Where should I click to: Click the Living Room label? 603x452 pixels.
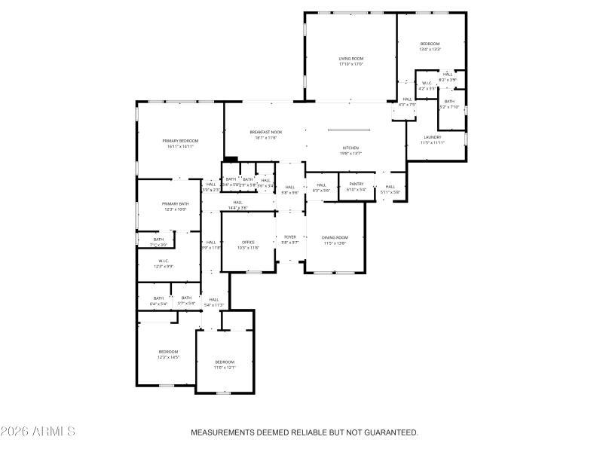(x=350, y=58)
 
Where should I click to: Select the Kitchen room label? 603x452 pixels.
(x=350, y=148)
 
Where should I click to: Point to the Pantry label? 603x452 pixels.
(x=356, y=184)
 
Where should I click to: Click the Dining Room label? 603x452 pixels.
(x=335, y=237)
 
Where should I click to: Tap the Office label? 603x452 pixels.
(x=248, y=242)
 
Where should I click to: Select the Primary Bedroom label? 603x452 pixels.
(x=180, y=141)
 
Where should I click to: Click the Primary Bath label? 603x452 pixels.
(x=175, y=204)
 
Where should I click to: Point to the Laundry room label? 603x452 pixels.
(x=432, y=137)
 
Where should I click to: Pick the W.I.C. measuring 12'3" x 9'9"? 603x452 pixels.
(x=163, y=261)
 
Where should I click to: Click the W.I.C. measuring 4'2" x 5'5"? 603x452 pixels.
(x=427, y=83)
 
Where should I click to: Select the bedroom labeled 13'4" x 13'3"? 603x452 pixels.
(x=430, y=44)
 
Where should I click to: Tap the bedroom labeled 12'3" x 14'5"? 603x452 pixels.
(x=168, y=352)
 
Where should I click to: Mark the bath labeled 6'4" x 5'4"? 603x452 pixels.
(x=158, y=298)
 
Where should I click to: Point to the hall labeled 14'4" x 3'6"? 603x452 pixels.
(x=237, y=203)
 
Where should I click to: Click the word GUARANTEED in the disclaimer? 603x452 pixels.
(x=387, y=432)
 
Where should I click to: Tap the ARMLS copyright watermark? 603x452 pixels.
(x=38, y=432)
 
